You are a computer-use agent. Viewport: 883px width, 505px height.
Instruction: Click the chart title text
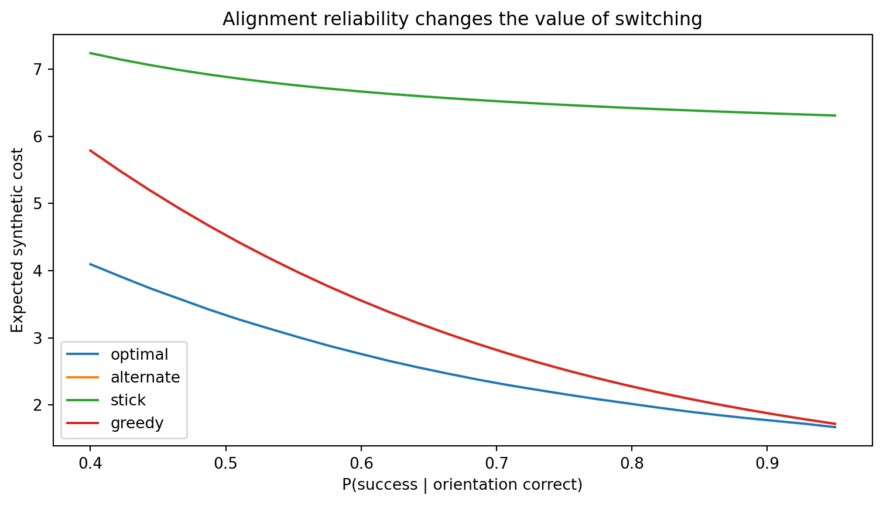pyautogui.click(x=462, y=19)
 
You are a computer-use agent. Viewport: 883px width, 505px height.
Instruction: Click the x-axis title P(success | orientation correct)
pyautogui.click(x=462, y=484)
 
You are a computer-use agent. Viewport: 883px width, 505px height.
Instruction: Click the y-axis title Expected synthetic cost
pyautogui.click(x=17, y=240)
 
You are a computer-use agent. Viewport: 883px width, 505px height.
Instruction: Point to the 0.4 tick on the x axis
pyautogui.click(x=90, y=464)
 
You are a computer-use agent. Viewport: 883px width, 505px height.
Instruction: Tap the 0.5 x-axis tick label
pyautogui.click(x=225, y=464)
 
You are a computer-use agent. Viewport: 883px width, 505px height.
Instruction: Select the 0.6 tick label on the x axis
pyautogui.click(x=361, y=464)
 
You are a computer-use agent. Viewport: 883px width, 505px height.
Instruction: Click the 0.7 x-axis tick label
pyautogui.click(x=497, y=464)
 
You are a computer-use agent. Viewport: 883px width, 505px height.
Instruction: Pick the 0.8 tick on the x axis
pyautogui.click(x=632, y=464)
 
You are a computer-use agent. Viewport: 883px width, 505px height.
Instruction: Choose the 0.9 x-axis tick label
pyautogui.click(x=767, y=464)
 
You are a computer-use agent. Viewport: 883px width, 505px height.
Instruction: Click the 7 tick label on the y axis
pyautogui.click(x=38, y=70)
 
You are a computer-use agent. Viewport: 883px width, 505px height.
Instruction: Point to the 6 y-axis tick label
pyautogui.click(x=38, y=137)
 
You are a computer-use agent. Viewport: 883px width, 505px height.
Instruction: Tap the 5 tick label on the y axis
pyautogui.click(x=38, y=203)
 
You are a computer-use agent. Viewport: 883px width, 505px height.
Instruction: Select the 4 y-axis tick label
pyautogui.click(x=38, y=271)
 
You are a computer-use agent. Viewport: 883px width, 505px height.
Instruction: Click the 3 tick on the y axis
pyautogui.click(x=38, y=338)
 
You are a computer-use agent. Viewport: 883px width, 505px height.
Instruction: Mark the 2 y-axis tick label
pyautogui.click(x=38, y=405)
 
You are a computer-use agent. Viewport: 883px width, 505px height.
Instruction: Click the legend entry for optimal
pyautogui.click(x=118, y=354)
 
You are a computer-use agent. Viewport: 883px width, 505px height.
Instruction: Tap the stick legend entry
pyautogui.click(x=106, y=400)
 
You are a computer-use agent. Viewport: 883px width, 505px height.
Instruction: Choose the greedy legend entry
pyautogui.click(x=115, y=423)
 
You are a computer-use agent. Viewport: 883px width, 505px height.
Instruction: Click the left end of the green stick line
pyautogui.click(x=90, y=53)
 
